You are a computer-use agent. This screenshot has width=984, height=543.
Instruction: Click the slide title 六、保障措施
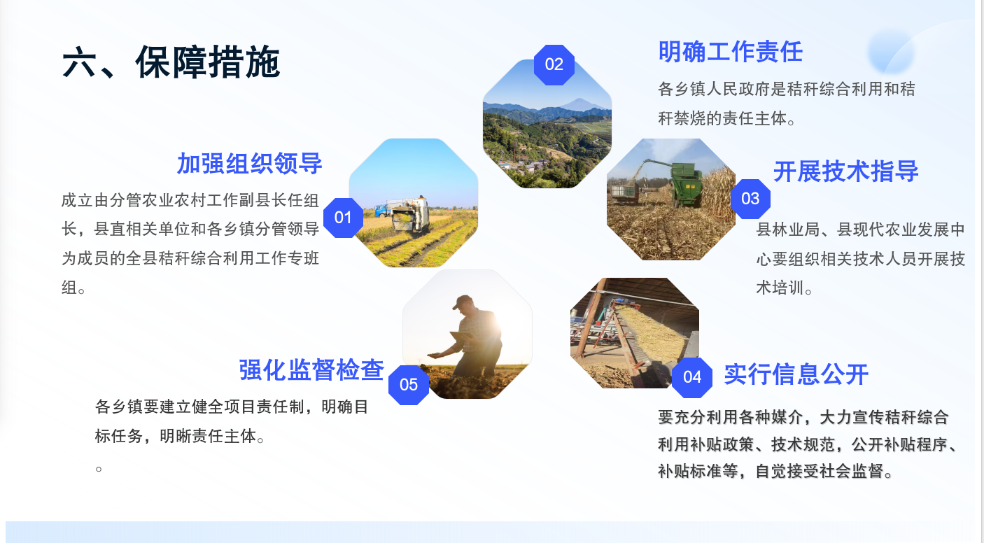tap(171, 62)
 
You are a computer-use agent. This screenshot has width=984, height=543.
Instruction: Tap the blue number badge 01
tap(343, 218)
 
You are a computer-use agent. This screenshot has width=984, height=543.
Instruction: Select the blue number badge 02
tap(554, 64)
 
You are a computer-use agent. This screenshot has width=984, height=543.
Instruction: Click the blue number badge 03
tap(750, 199)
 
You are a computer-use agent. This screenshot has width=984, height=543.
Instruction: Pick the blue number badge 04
tap(692, 377)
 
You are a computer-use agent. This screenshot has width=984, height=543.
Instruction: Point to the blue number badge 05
tap(409, 385)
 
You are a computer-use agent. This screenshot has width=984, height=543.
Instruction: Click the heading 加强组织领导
tap(250, 164)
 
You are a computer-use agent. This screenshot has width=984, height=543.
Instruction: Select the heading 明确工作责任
tap(731, 52)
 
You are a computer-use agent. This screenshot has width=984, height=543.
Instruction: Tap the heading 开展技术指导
tap(845, 171)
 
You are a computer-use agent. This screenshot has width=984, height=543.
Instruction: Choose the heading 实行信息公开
tap(796, 374)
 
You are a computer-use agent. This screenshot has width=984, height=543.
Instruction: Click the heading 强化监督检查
tap(311, 370)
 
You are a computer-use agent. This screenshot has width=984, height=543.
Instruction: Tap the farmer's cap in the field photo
tap(462, 302)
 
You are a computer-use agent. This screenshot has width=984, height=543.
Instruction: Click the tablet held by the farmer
tap(461, 337)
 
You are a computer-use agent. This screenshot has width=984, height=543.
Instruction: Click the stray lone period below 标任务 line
tap(99, 469)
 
